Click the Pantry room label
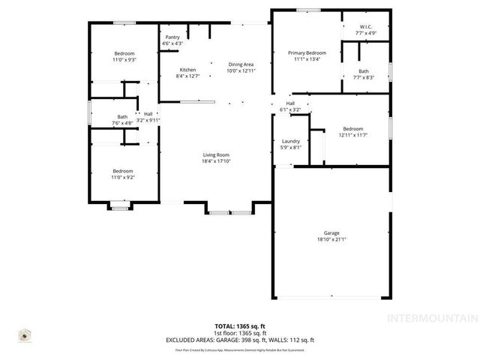(172, 37)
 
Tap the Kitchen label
(187, 70)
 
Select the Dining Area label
(241, 64)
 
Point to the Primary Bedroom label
(307, 52)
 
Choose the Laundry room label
(291, 141)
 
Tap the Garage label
(330, 233)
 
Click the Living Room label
(215, 154)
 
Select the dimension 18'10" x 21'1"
(330, 240)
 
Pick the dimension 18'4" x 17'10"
(215, 161)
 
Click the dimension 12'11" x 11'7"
(352, 135)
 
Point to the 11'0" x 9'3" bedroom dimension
(124, 59)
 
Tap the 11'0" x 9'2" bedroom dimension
(123, 177)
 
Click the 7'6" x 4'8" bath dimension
(122, 123)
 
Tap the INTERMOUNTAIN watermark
(430, 338)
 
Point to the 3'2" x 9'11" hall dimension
(148, 120)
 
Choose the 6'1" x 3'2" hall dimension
(290, 109)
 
